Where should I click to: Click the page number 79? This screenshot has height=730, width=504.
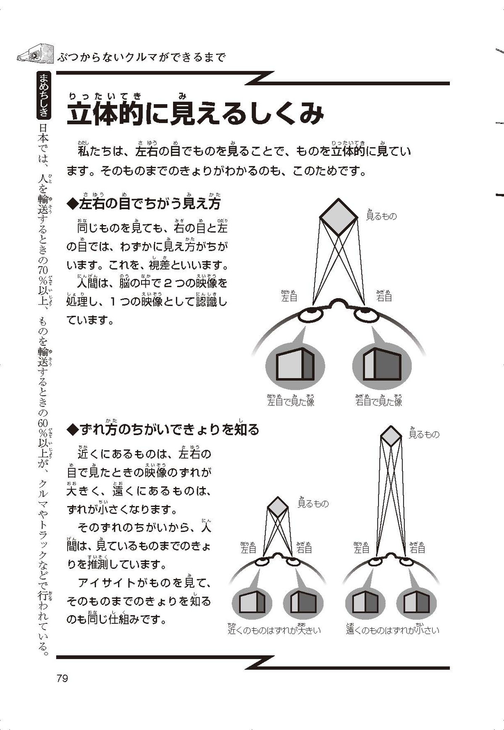point(62,678)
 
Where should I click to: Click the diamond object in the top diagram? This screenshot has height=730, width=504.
point(339,217)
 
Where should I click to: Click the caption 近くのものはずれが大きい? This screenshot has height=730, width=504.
point(274,630)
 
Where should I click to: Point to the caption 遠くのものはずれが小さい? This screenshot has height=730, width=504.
point(393,630)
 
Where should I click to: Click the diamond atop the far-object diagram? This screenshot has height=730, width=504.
point(391,436)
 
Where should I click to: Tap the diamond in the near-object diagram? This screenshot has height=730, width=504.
point(278,507)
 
